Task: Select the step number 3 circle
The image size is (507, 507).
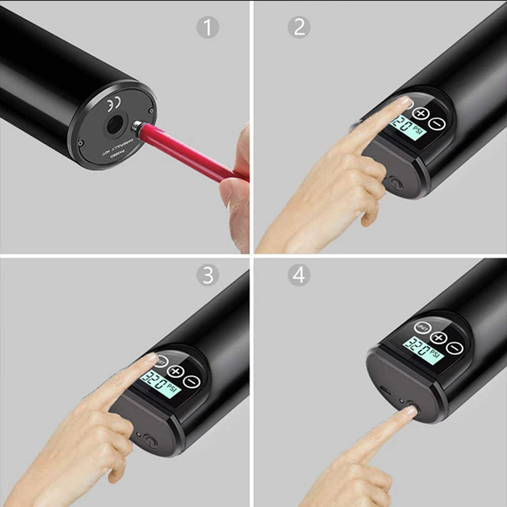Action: pyautogui.click(x=208, y=275)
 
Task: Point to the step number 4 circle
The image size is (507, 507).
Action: pyautogui.click(x=299, y=275)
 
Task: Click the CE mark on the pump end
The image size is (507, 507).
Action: pyautogui.click(x=113, y=105)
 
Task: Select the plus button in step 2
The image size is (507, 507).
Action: pyautogui.click(x=420, y=114)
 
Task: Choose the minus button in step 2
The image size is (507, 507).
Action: pyautogui.click(x=436, y=123)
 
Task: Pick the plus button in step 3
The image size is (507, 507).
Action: pyautogui.click(x=175, y=371)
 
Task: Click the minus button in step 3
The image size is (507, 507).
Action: pyautogui.click(x=191, y=381)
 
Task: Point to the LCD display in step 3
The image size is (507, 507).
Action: pyautogui.click(x=160, y=384)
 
